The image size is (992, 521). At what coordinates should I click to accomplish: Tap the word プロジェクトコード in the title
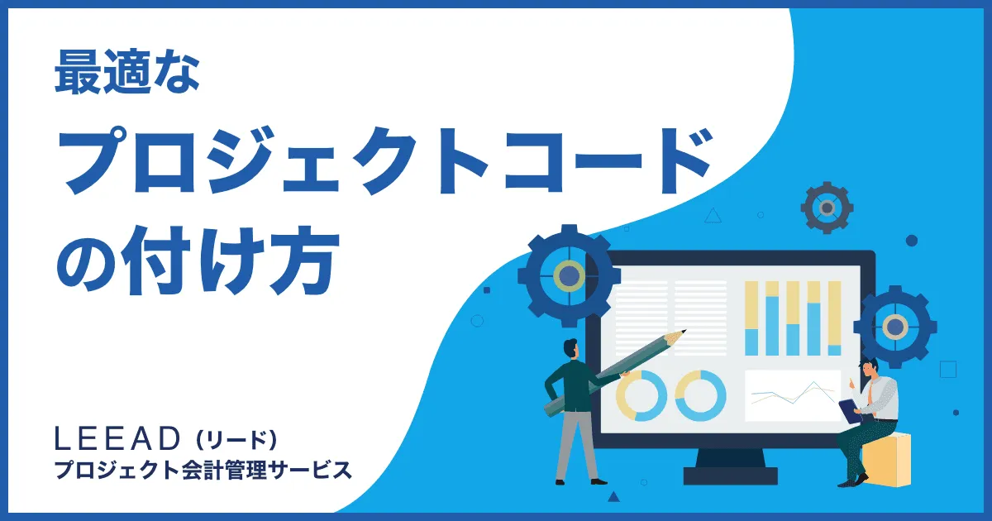[385, 165]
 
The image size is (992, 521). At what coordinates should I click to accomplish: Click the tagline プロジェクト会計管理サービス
[203, 470]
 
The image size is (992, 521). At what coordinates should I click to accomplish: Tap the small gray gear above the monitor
[826, 207]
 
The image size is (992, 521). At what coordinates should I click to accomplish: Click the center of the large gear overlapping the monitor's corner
[569, 275]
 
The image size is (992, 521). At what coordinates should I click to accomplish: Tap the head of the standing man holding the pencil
[572, 347]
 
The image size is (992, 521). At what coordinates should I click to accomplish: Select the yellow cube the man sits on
[888, 459]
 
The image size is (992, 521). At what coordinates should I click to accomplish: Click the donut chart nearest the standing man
[641, 394]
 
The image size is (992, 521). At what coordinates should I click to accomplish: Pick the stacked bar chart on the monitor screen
[792, 318]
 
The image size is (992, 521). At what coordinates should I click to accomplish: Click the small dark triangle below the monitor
[613, 497]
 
